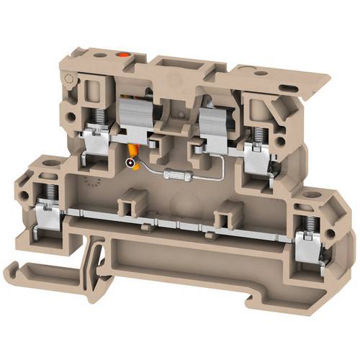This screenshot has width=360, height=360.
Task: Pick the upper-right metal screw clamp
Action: (255, 153)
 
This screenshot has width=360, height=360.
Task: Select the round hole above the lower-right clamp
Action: (313, 197)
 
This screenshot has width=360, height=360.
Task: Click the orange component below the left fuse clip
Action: (132, 150)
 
